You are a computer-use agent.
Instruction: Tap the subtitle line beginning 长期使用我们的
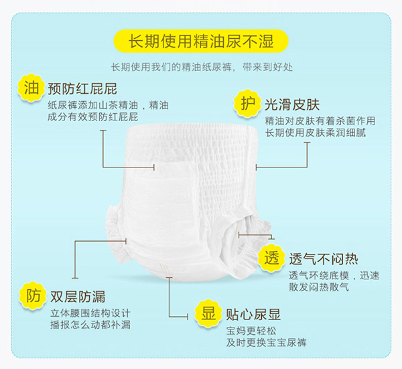[201, 68]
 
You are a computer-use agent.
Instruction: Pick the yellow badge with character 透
[271, 259]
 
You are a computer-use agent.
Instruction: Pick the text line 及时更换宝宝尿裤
[266, 343]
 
